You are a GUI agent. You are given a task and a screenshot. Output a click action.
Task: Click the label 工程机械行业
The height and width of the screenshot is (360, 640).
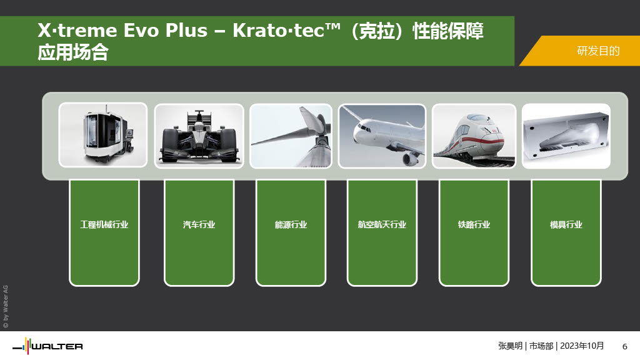click(104, 224)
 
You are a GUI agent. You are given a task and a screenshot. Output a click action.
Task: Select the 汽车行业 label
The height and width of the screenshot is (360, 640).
click(199, 224)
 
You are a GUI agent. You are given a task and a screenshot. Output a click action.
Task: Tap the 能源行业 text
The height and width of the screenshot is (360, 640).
click(291, 224)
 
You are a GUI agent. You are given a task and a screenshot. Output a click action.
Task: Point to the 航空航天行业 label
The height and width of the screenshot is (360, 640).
click(382, 224)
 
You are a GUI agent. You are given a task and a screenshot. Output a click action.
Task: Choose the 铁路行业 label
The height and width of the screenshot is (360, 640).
click(474, 224)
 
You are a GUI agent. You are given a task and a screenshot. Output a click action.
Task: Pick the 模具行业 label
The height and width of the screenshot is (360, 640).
click(566, 224)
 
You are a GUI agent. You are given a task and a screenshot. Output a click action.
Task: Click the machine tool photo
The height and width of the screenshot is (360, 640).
click(103, 135)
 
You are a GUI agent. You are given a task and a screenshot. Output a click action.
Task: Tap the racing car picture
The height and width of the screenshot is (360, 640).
click(199, 136)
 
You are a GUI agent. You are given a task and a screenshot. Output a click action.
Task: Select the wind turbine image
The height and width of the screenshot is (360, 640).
click(291, 136)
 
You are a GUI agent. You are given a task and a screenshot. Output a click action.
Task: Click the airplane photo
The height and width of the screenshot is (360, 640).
click(382, 136)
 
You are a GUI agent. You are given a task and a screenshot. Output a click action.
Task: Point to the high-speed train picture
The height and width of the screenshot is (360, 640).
click(474, 136)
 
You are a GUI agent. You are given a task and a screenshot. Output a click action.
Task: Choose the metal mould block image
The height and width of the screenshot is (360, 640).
click(566, 136)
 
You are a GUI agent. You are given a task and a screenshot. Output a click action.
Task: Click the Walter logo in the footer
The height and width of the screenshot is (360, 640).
click(47, 346)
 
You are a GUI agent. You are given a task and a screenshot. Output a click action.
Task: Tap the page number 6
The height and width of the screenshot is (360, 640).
click(624, 346)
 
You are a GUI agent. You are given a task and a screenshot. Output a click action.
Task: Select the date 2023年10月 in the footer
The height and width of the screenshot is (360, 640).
click(582, 346)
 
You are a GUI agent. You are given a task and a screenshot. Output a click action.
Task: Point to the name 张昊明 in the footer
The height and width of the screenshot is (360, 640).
click(510, 346)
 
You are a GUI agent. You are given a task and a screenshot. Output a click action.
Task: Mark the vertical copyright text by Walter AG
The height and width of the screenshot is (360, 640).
click(6, 306)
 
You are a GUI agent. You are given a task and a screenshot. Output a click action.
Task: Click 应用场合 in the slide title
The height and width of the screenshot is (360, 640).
click(73, 52)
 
